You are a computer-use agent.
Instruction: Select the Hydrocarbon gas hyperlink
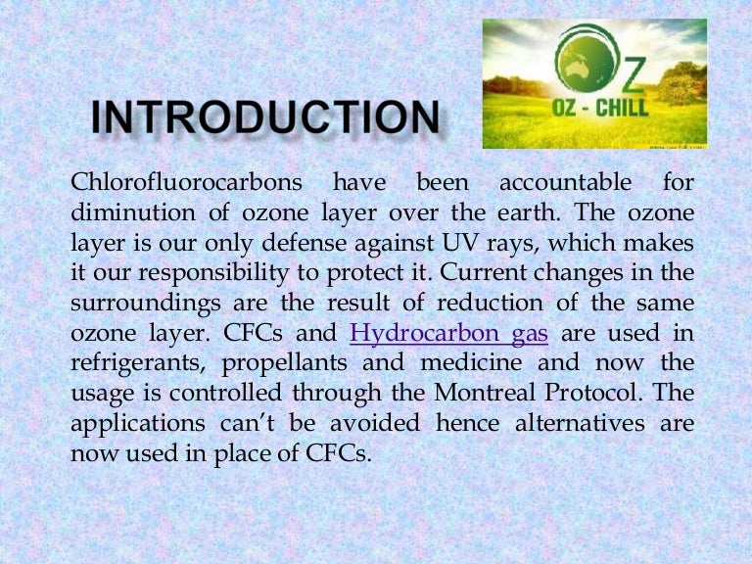(448, 335)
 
